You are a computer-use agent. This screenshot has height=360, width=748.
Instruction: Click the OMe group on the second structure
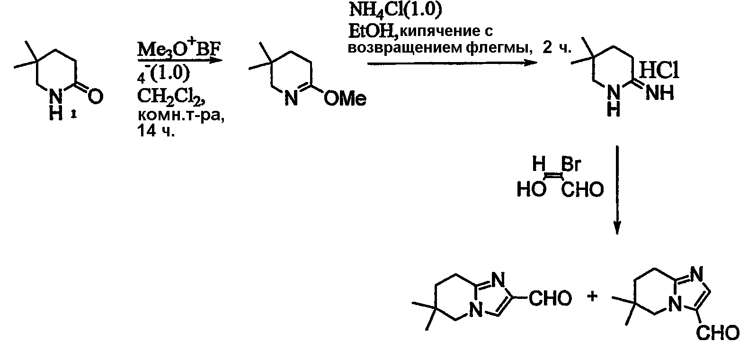pos(345,99)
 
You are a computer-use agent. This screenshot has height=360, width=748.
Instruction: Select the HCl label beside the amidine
pos(659,71)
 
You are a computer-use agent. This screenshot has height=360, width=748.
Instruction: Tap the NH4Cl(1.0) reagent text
pos(395,9)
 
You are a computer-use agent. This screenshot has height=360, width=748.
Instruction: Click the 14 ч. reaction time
pos(156,131)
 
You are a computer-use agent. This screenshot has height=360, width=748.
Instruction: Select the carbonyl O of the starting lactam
pos(95,96)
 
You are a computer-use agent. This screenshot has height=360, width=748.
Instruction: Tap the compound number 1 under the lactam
pos(74,115)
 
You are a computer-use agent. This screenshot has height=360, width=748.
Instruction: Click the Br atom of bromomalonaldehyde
pos(571,164)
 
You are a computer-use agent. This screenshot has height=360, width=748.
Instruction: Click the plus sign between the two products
pos(592,296)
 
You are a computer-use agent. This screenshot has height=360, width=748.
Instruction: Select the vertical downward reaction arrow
pos(617,190)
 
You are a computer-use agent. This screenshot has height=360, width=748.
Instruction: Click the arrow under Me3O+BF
pos(180,61)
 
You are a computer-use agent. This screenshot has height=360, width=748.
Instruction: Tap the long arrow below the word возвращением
pos(453,63)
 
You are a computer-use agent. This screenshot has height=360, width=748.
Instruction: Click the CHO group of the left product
pos(550,298)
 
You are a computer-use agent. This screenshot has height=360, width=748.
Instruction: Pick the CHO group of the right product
pos(717,333)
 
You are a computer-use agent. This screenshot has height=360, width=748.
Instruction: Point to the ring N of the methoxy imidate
pos(292,99)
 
